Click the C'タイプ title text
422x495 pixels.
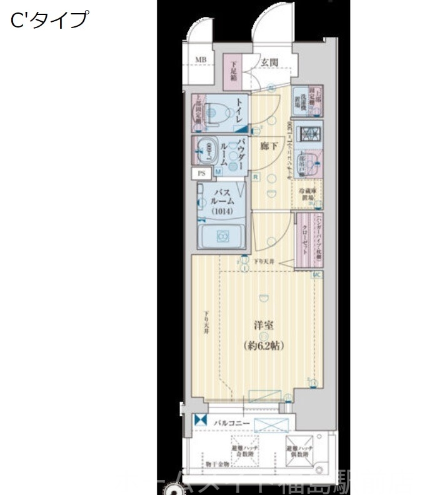point(49,20)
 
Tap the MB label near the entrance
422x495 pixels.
point(200,60)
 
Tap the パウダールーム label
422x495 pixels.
point(238,152)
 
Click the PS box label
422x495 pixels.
point(201,172)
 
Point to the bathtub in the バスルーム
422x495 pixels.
point(221,237)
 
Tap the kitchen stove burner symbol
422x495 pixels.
point(309,133)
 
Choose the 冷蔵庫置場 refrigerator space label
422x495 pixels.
point(311,195)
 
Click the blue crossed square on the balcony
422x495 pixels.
point(200,422)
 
